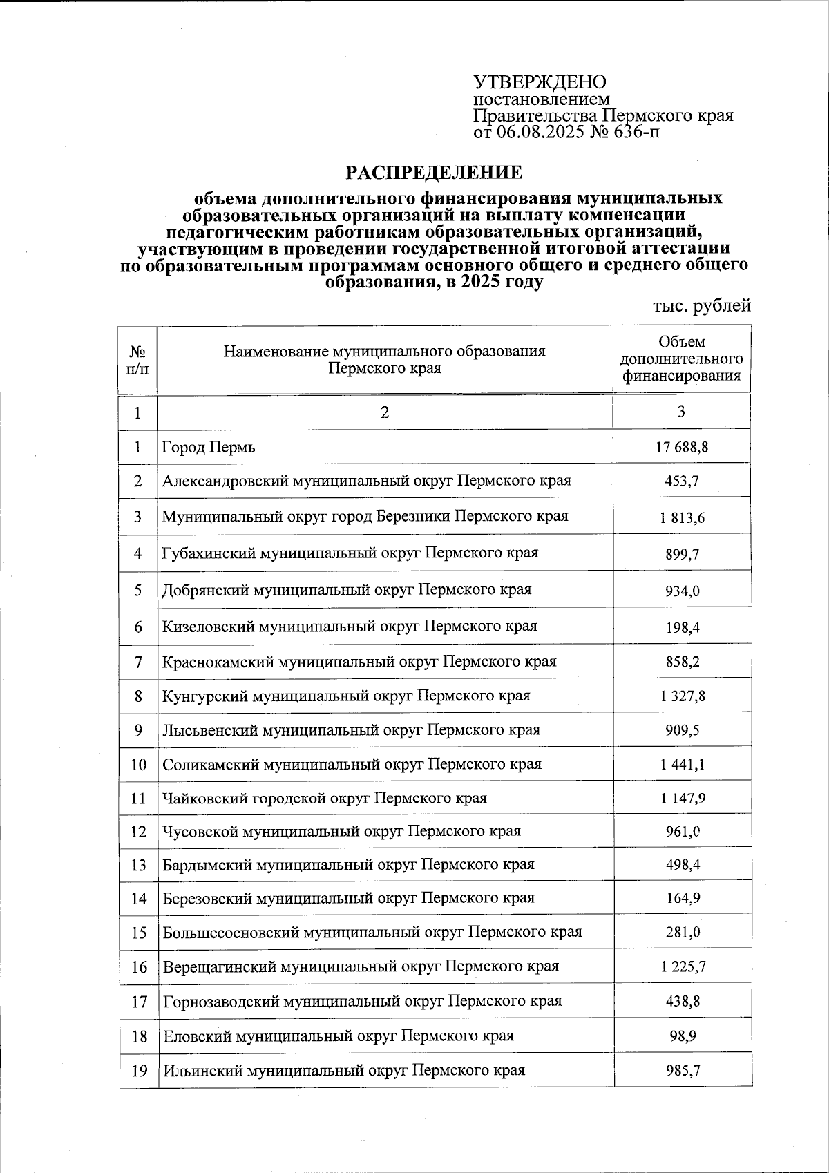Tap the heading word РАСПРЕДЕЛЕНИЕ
coord(434,172)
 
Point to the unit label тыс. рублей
coord(701,306)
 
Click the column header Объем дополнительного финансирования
coord(682,359)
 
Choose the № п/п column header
coord(137,359)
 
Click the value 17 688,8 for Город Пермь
coord(682,448)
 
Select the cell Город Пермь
coord(209,448)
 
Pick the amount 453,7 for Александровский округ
coord(682,481)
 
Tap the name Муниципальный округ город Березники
coord(365,516)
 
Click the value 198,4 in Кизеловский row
coord(682,627)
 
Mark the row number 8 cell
coord(138,696)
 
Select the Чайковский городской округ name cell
coord(324,799)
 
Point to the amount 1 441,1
coord(682,765)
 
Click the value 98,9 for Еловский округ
coord(682,1036)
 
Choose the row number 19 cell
coord(139,1071)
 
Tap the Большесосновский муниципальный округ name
coord(372,933)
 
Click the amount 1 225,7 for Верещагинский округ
coord(682,967)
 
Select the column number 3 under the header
coord(681,412)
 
